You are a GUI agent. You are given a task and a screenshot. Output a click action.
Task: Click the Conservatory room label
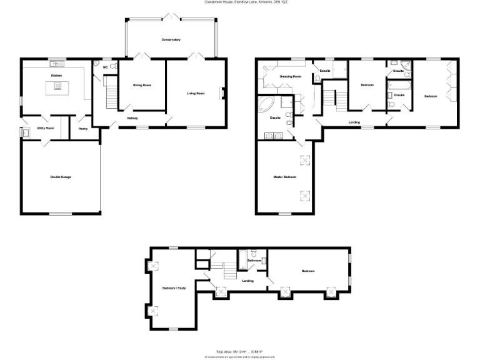click(171, 39)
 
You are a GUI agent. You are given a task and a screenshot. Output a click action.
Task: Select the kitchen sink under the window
click(57, 63)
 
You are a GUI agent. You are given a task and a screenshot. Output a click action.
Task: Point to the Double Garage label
click(61, 177)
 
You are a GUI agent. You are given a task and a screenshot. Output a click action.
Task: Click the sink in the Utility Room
click(25, 132)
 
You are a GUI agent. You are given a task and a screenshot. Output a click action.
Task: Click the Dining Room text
click(142, 85)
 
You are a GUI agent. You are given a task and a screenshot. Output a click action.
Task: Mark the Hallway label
click(132, 117)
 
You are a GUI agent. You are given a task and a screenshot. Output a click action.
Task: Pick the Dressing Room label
click(290, 76)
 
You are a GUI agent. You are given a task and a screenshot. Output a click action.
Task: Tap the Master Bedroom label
click(284, 177)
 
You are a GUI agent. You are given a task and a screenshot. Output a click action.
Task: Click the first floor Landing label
click(354, 122)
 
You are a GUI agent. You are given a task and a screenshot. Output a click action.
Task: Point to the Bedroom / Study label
click(174, 288)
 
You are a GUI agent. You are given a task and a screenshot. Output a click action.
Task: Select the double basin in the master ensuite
click(274, 135)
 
